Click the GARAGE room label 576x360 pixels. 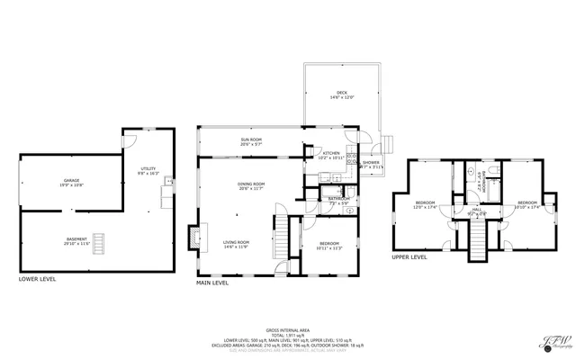(71, 182)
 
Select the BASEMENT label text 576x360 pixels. (71, 241)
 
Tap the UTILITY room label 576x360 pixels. (148, 169)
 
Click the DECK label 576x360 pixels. (342, 94)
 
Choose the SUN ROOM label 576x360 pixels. (250, 141)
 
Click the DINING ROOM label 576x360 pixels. (250, 185)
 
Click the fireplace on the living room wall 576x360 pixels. (193, 237)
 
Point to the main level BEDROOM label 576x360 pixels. (318, 245)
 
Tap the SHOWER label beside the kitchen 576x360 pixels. (371, 164)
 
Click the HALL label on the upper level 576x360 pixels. (477, 211)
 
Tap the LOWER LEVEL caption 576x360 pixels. (38, 279)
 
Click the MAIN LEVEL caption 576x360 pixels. (212, 283)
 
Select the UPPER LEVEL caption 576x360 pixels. (409, 256)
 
